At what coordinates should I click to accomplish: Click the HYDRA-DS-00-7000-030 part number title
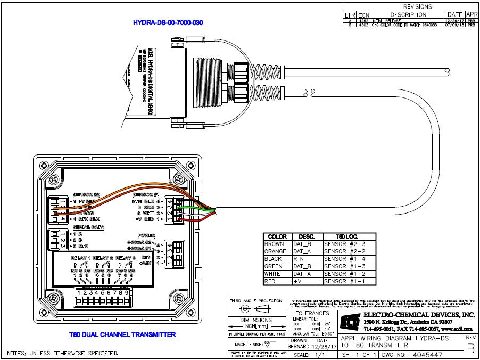[168, 23]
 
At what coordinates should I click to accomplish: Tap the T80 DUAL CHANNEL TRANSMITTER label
[122, 334]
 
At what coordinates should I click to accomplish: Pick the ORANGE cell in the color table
[276, 251]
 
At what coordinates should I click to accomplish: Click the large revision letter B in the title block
[470, 349]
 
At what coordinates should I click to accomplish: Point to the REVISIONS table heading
[418, 6]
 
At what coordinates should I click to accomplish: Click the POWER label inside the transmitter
[146, 235]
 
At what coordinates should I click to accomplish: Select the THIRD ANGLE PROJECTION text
[256, 301]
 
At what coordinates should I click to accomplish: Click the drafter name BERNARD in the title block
[299, 347]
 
